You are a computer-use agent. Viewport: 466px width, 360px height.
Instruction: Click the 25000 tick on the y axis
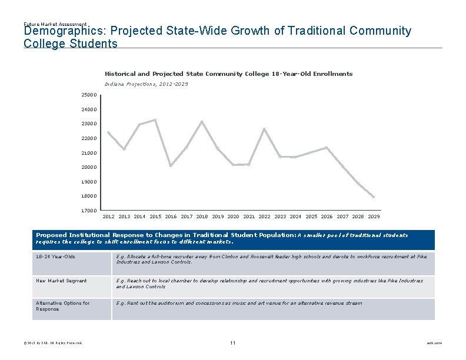[89, 95]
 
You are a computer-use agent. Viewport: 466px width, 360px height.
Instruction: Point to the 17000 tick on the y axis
[89, 210]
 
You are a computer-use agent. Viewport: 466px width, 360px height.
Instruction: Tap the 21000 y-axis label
[89, 153]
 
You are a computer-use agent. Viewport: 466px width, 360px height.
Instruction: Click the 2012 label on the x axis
[109, 216]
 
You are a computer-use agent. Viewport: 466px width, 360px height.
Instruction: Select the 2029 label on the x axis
[374, 216]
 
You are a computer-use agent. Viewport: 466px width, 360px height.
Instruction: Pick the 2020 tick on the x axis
[234, 216]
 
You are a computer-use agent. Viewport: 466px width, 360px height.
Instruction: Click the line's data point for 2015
[155, 120]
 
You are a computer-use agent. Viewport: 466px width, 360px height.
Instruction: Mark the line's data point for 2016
[171, 166]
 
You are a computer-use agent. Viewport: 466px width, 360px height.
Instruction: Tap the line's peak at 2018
[202, 122]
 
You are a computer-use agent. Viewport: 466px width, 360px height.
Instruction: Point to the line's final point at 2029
[374, 197]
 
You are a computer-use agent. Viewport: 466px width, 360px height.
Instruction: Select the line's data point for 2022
[264, 128]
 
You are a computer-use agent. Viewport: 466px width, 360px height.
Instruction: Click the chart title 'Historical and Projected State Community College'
[228, 74]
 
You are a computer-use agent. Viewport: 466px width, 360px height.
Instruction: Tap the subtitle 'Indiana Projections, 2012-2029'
[147, 85]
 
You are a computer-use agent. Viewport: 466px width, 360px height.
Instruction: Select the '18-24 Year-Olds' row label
[55, 257]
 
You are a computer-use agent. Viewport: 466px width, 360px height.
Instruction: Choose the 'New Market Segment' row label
[61, 281]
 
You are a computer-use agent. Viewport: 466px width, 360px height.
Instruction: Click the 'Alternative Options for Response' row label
[63, 306]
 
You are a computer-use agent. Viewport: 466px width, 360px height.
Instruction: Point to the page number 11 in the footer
[233, 343]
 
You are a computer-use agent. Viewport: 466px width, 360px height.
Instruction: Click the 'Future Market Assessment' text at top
[55, 24]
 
